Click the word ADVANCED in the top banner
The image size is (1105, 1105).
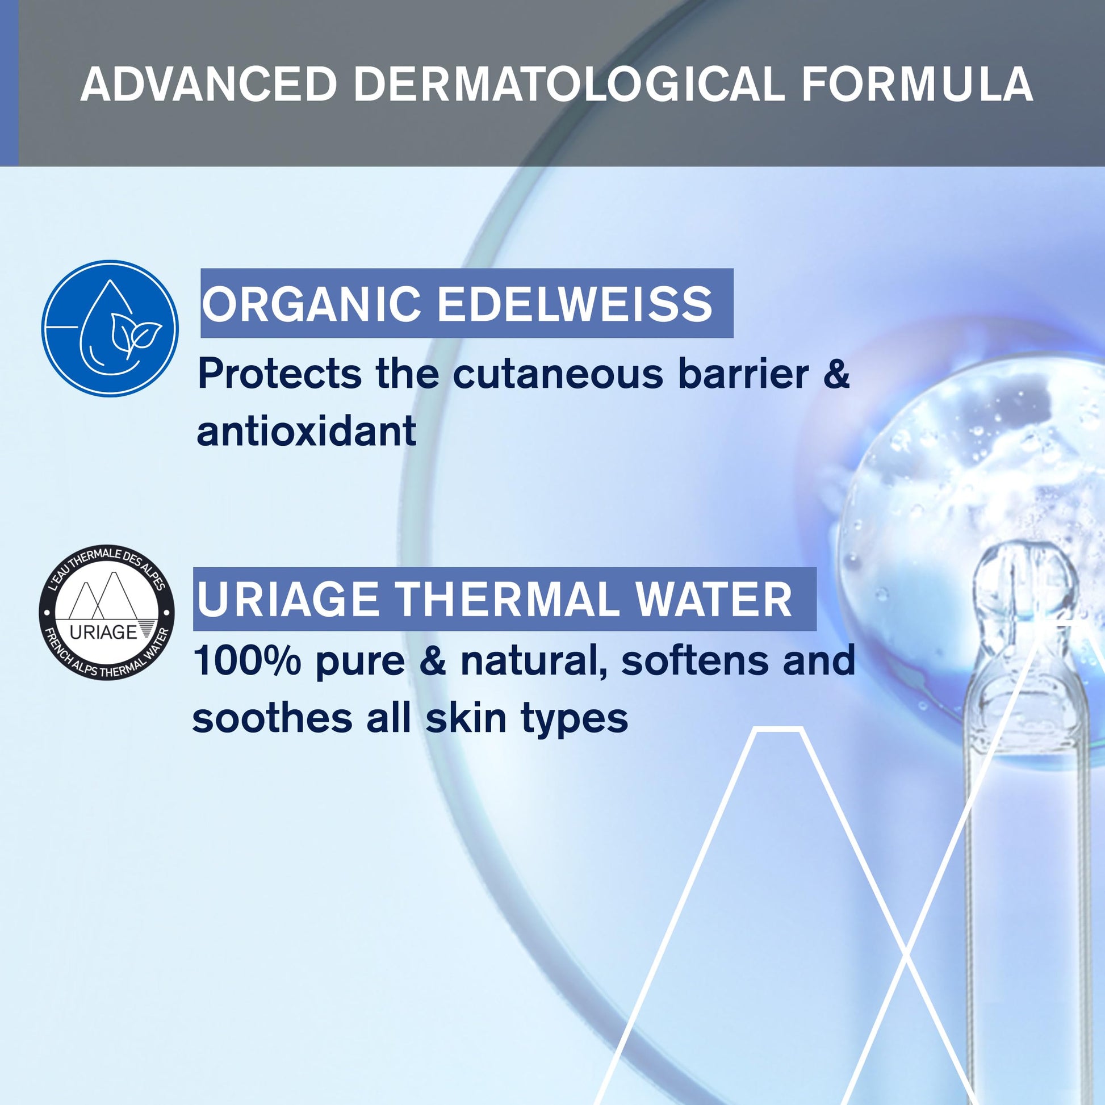(x=208, y=85)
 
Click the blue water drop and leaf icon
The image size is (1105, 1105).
(x=110, y=329)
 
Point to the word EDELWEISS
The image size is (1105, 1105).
(x=575, y=303)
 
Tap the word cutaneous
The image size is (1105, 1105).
(x=558, y=375)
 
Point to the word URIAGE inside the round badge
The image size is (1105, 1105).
(x=103, y=631)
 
